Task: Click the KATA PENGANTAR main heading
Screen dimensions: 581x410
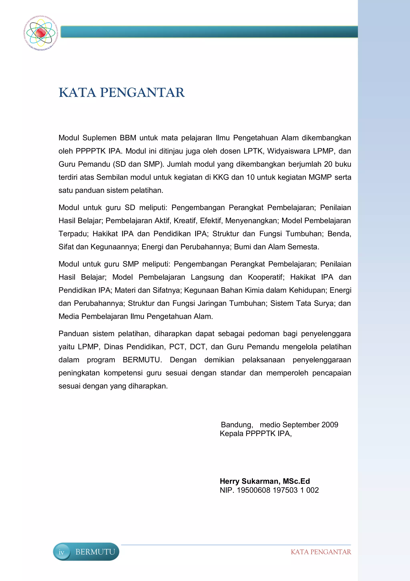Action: [122, 93]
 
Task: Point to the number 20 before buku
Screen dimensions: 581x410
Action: [328, 164]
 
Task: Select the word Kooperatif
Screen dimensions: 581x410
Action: [266, 277]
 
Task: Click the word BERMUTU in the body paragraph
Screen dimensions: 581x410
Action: [142, 360]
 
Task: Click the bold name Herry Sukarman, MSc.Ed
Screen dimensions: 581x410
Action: [265, 481]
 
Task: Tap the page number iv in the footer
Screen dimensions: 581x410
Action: [61, 552]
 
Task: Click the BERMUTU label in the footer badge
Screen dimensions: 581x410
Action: [95, 552]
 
